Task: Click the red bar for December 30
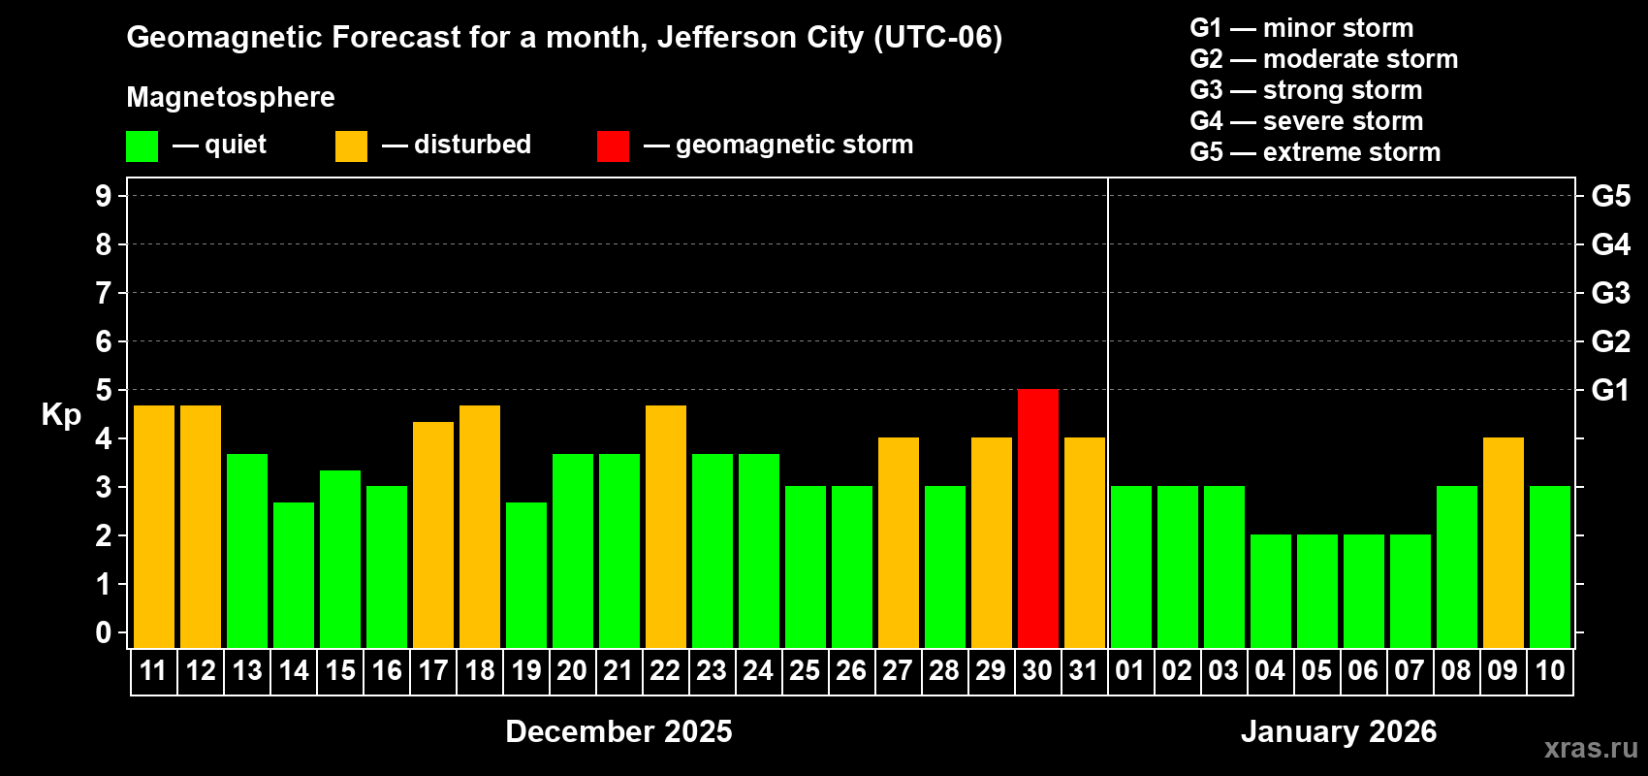coord(1037,518)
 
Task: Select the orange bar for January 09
coord(1503,542)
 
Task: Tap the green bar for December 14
coord(293,574)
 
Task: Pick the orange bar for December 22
coord(665,526)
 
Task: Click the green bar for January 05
coord(1316,591)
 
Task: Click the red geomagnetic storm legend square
coord(613,146)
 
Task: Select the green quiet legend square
coord(142,146)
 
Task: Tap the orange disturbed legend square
coord(351,146)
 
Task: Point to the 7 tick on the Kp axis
coord(104,293)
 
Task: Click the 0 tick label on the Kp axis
coord(104,632)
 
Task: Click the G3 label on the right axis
coord(1610,293)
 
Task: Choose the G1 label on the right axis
coord(1610,390)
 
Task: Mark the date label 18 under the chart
coord(479,670)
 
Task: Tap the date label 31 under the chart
coord(1084,670)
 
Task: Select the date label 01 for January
coord(1130,670)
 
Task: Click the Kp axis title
coord(61,414)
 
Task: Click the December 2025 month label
coord(618,731)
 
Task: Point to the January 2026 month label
coord(1339,731)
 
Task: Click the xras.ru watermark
coord(1590,748)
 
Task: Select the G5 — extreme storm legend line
coord(1315,152)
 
